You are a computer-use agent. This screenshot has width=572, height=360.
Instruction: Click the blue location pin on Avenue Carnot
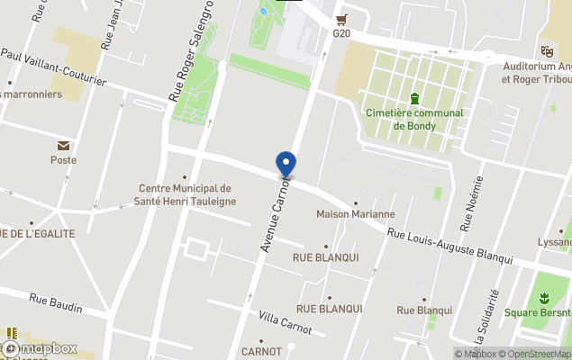(x=286, y=165)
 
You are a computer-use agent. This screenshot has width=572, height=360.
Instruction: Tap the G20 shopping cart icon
(x=340, y=19)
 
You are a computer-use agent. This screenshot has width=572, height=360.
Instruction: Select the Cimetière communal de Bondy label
(x=414, y=119)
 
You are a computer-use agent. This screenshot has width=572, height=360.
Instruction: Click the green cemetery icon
(x=414, y=98)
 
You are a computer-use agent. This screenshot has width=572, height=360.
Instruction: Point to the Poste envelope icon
(x=64, y=146)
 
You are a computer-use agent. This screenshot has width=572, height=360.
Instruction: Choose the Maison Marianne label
(x=355, y=214)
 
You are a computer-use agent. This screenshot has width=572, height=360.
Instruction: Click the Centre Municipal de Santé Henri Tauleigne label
(x=185, y=194)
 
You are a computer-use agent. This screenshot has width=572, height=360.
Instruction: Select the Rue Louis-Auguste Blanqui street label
(x=449, y=245)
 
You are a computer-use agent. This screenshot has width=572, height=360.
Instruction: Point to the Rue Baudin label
(x=55, y=302)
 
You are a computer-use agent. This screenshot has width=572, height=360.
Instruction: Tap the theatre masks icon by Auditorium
(x=546, y=51)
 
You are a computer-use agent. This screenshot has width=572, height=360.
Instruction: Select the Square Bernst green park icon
(x=543, y=298)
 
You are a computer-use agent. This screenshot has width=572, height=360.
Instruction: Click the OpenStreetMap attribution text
(x=535, y=354)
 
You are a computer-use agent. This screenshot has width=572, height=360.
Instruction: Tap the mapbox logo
(x=40, y=347)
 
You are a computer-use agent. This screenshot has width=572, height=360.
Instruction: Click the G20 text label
(x=340, y=33)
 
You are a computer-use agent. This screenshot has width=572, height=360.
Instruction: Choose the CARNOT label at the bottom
(x=261, y=351)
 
